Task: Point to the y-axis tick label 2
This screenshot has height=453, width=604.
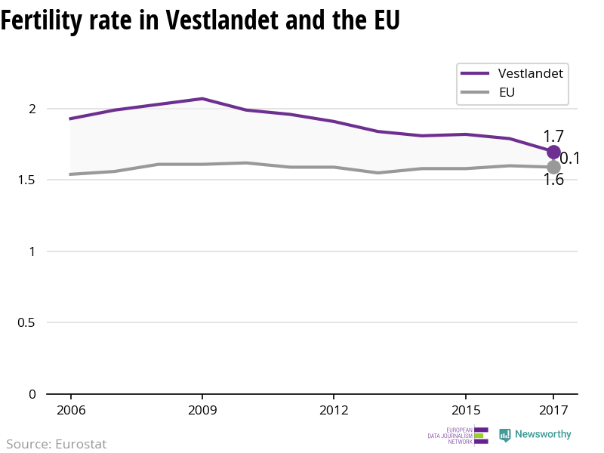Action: pos(32,109)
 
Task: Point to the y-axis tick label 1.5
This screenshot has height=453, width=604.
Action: pos(27,180)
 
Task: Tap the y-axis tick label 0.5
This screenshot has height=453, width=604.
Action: pos(27,322)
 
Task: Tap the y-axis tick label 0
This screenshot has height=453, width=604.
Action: pos(32,394)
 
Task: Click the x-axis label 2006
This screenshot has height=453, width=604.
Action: pos(70,411)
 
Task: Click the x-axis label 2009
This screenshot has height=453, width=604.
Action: pos(202,411)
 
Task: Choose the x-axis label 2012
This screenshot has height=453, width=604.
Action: pos(334,411)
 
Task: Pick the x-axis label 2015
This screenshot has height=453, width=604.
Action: pos(465,411)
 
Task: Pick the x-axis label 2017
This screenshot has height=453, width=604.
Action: pos(553,411)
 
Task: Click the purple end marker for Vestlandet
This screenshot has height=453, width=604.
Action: pos(553,152)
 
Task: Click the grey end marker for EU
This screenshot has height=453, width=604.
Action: pos(553,167)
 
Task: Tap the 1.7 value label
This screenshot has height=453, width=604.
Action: pos(553,137)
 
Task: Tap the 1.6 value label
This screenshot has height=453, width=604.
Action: pos(553,180)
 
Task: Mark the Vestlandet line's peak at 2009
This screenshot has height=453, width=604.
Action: pos(202,98)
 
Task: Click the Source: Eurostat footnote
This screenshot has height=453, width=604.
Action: pos(57,444)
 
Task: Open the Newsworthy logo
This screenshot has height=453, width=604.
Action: pos(535,435)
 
